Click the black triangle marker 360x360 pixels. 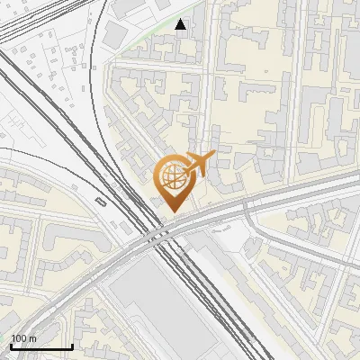[181, 24]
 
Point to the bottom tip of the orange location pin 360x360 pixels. [172, 212]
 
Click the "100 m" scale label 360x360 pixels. [23, 338]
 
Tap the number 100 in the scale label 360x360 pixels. [19, 338]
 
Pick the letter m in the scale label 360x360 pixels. [32, 338]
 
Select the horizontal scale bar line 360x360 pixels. [41, 346]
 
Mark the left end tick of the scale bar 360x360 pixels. [11, 345]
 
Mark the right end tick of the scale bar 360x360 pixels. [72, 345]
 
